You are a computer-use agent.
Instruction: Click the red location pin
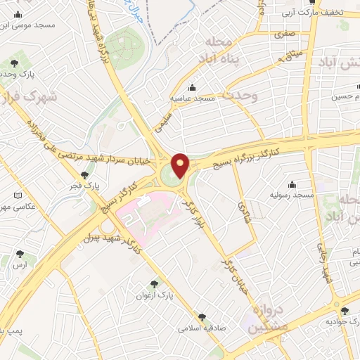[x=181, y=165]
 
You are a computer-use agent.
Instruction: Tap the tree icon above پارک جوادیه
[x=344, y=311]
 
